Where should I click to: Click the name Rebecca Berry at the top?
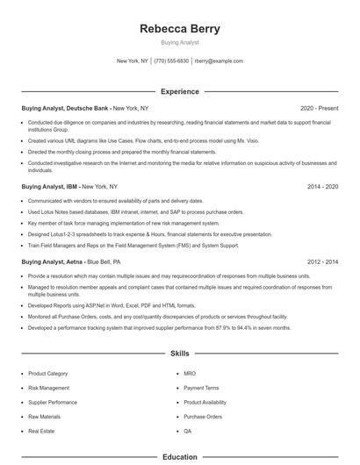(180, 29)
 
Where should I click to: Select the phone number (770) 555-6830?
(171, 61)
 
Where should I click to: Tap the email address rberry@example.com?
(219, 61)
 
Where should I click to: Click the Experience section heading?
(180, 91)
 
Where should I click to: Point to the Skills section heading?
(180, 354)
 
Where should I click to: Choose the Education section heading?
(180, 456)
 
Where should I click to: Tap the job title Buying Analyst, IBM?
(49, 187)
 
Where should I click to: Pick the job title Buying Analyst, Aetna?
(52, 261)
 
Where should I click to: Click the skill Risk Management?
(48, 387)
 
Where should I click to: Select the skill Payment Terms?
(201, 387)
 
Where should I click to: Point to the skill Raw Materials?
(45, 417)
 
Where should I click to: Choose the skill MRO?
(190, 373)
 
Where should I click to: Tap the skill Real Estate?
(42, 432)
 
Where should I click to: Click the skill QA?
(188, 432)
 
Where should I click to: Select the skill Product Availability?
(207, 402)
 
